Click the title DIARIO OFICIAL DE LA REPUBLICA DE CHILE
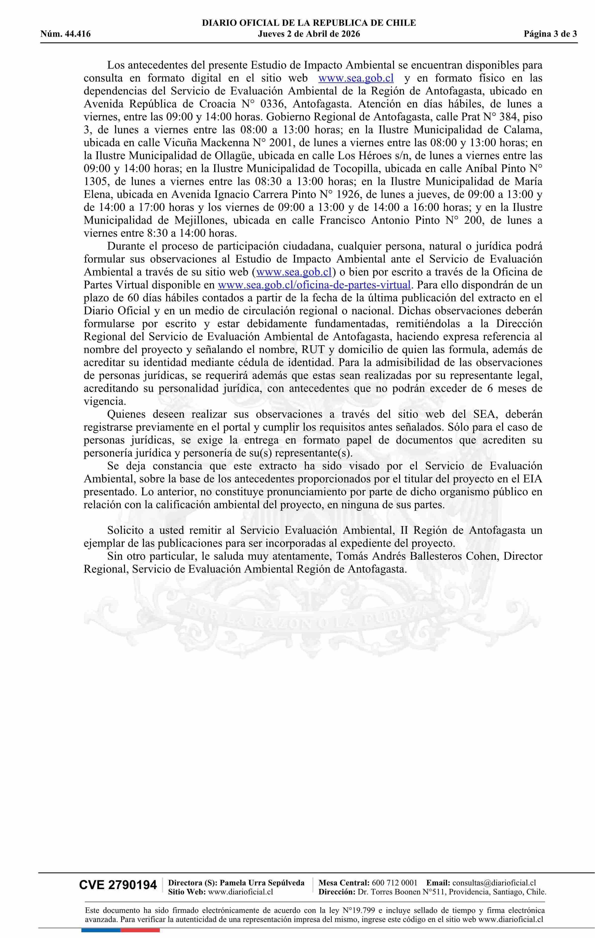click(x=309, y=23)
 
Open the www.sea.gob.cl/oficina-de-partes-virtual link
click(x=314, y=285)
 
